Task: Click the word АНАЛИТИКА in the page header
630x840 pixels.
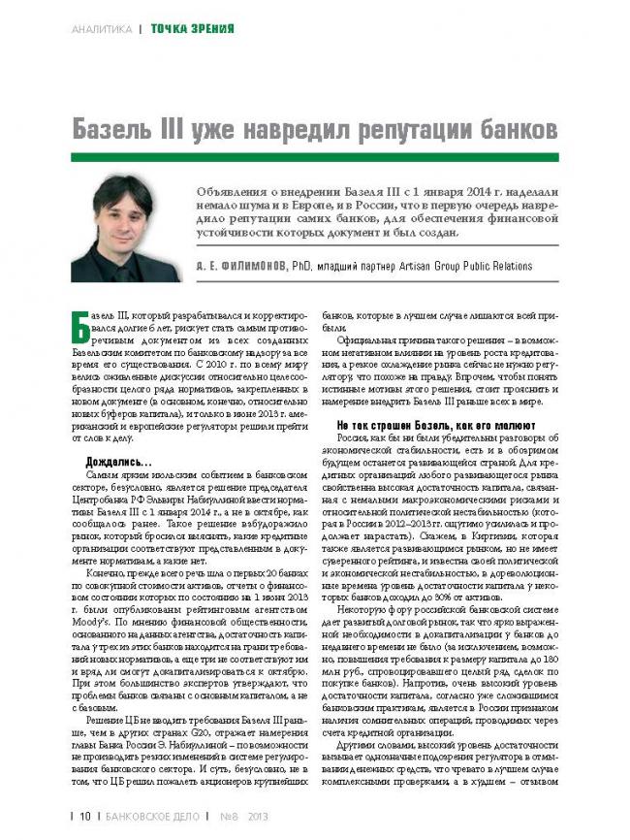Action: click(101, 29)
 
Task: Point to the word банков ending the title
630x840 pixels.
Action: click(514, 128)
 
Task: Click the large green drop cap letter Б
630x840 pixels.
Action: click(81, 331)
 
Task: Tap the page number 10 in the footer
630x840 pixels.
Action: click(85, 816)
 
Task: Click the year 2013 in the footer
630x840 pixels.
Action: click(259, 816)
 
